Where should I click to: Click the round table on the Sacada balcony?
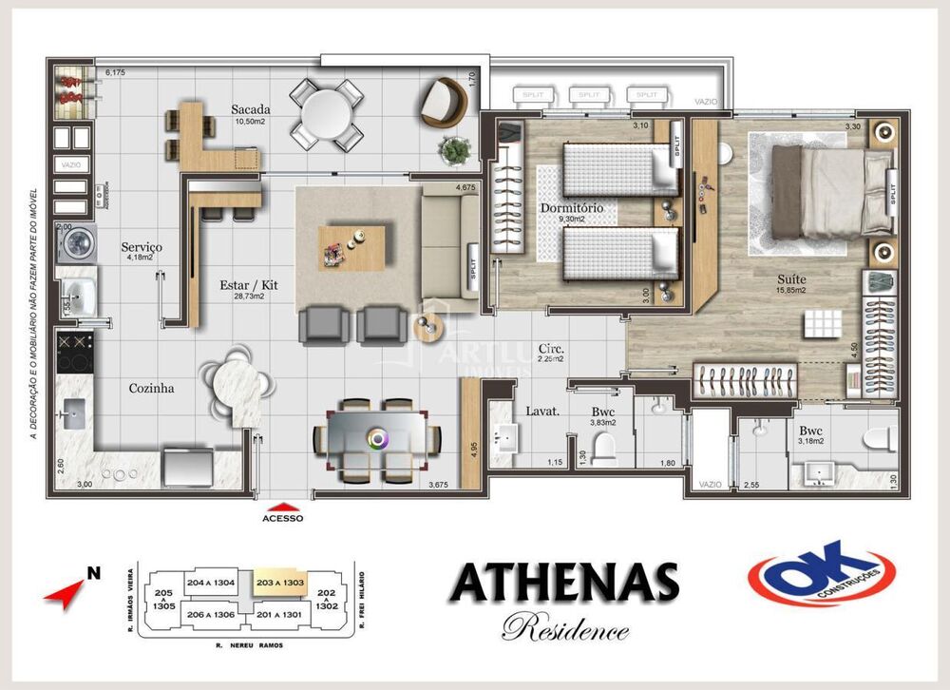326,113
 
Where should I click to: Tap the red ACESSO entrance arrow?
282,507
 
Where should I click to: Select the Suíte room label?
790,279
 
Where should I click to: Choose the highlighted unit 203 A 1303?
278,583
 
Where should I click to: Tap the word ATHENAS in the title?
564,582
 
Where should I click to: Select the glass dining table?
377,438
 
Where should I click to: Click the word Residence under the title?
564,628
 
